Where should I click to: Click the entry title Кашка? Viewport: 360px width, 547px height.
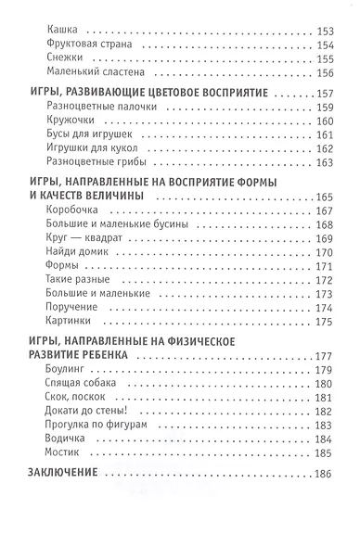coord(60,27)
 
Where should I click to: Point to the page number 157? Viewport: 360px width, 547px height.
coord(324,95)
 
